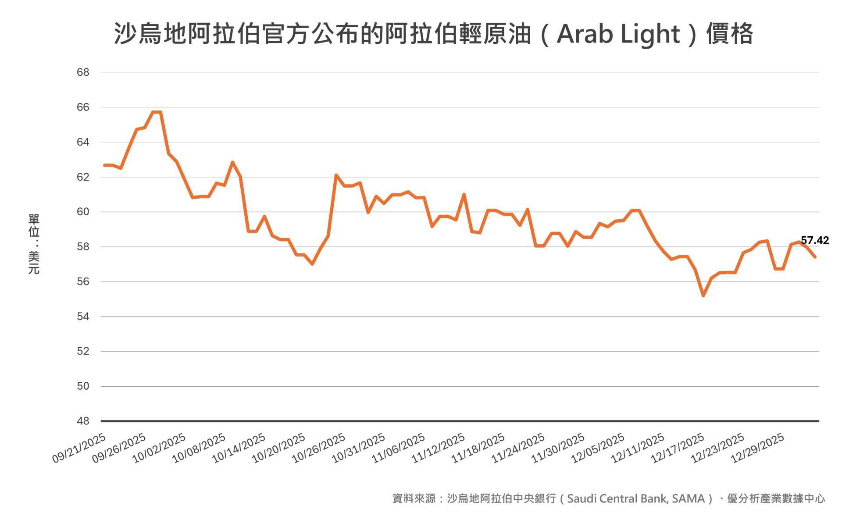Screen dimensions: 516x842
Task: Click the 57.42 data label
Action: [x=814, y=240]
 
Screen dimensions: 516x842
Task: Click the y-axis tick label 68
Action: [x=83, y=72]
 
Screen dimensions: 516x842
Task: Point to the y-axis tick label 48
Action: [x=83, y=421]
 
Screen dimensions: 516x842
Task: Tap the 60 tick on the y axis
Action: [x=83, y=212]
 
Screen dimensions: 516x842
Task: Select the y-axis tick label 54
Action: [x=83, y=317]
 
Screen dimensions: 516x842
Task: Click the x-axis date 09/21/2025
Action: [x=79, y=448]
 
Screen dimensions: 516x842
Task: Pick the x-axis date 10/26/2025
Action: [x=319, y=448]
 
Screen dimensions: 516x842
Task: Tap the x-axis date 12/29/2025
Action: [x=758, y=448]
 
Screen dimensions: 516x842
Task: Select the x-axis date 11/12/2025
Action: [x=439, y=448]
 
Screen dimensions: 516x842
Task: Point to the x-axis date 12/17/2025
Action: [x=678, y=448]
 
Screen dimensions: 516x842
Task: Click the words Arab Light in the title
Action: [x=618, y=34]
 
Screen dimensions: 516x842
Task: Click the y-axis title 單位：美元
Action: [x=34, y=244]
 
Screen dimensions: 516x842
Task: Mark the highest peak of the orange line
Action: [x=157, y=112]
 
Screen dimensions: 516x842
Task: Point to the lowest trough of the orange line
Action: [x=703, y=296]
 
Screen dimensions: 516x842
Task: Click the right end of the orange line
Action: [x=815, y=257]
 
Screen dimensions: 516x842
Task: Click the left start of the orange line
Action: [x=104, y=165]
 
